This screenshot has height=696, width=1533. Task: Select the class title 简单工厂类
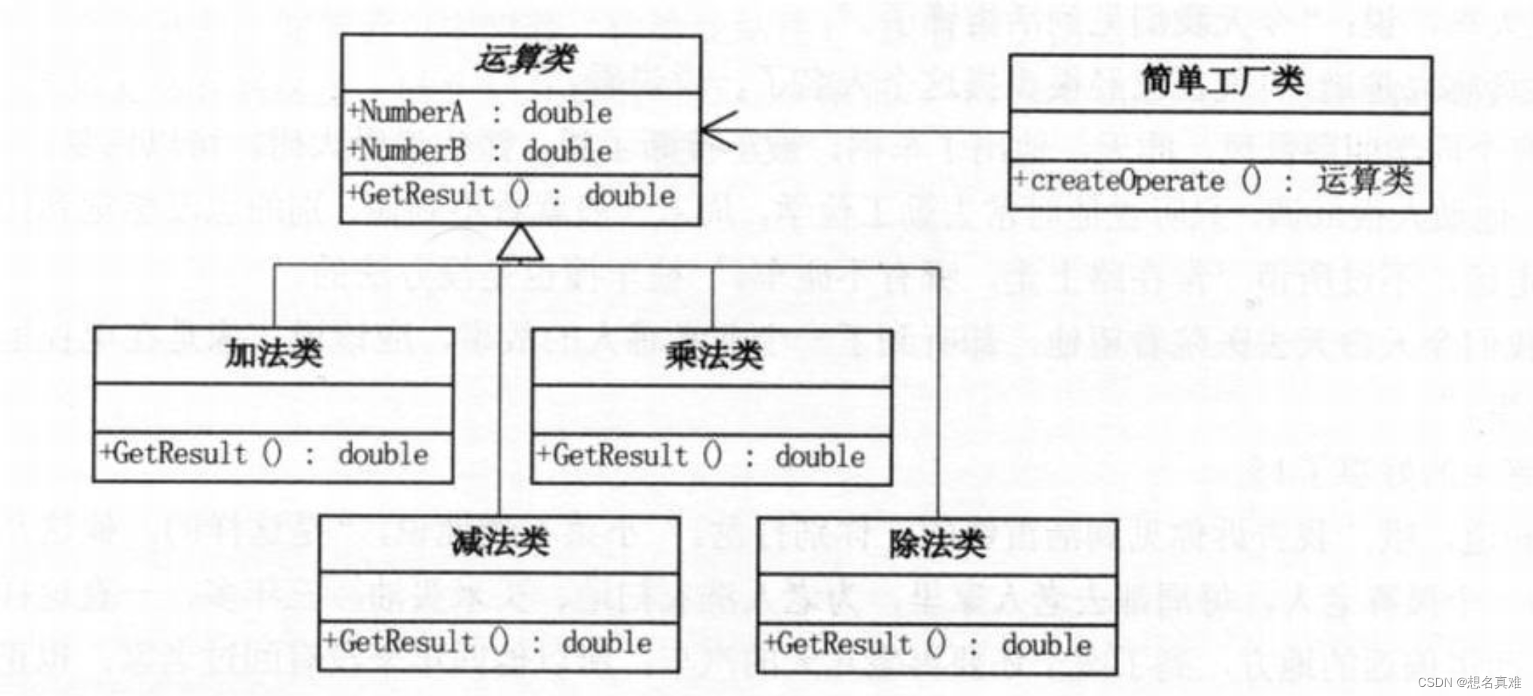click(x=1222, y=81)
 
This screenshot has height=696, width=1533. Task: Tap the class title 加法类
click(x=274, y=354)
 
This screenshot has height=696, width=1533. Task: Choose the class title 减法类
click(x=499, y=542)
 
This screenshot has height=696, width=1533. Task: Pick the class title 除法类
click(x=937, y=544)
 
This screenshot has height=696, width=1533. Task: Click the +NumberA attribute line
click(x=480, y=113)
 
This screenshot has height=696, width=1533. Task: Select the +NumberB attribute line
click(x=480, y=151)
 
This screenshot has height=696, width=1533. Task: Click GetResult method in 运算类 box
click(x=511, y=195)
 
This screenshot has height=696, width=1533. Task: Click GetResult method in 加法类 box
click(x=265, y=454)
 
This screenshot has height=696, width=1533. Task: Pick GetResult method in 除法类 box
click(x=928, y=645)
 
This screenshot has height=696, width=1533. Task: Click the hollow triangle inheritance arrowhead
click(x=520, y=244)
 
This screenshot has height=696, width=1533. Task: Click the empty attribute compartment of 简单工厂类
click(x=1220, y=137)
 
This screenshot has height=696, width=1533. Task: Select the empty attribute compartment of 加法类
click(x=273, y=409)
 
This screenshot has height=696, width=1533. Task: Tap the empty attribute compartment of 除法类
click(x=937, y=599)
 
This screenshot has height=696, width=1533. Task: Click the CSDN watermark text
click(x=1468, y=682)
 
